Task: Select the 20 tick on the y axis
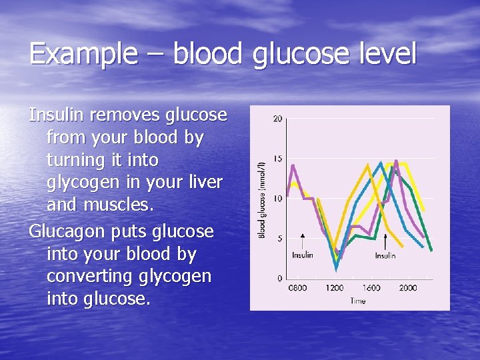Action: point(277,119)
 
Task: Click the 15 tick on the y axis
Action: point(277,158)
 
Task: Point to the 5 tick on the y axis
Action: point(279,238)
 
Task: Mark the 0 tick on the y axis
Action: point(279,278)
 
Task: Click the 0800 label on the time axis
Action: point(297,288)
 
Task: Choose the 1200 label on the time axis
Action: point(335,288)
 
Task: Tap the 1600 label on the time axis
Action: point(371,288)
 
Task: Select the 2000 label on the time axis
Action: point(408,288)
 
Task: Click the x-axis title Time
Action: point(357,301)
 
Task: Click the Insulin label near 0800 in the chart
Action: point(303,255)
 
